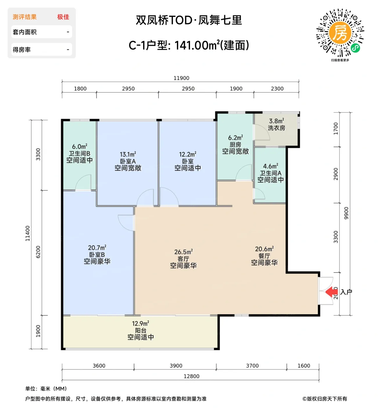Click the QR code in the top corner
pos(340,33)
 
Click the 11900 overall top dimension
pos(181,78)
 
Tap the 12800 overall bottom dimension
pos(191,376)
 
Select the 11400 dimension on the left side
pos(28,233)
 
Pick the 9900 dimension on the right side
pos(346,213)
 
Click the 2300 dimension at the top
pos(277,89)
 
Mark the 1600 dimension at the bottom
pos(304,366)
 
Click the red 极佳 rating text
pos(63,17)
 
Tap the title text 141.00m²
pos(197,45)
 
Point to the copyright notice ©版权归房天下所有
pos(324,399)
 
